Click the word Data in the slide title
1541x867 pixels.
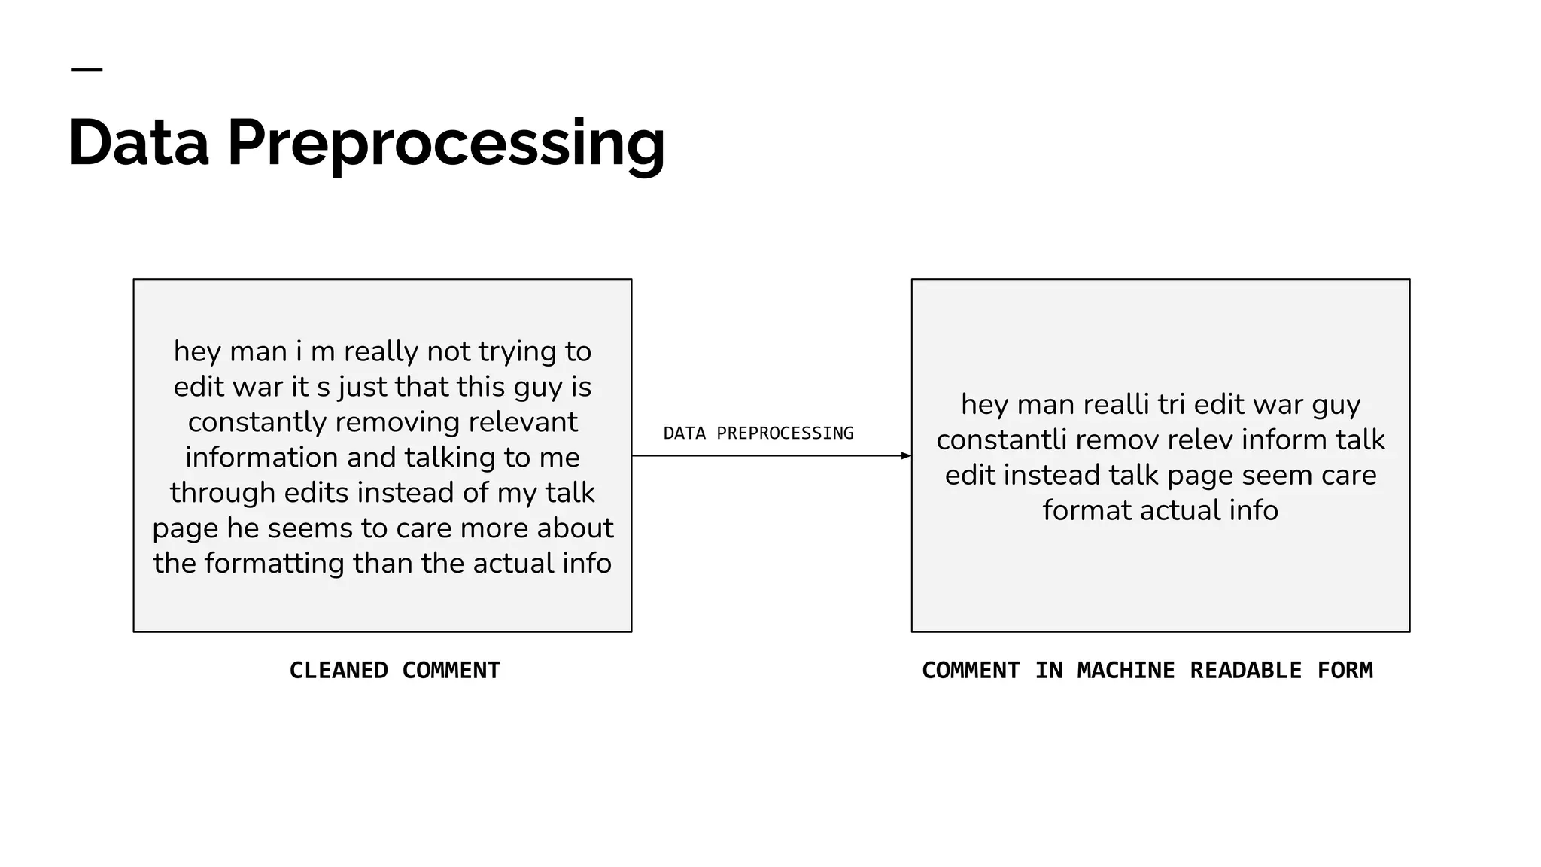point(138,143)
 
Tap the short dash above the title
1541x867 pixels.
point(87,70)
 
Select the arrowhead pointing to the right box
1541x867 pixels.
point(906,455)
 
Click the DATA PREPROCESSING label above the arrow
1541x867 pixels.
point(758,433)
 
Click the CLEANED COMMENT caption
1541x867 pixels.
point(394,670)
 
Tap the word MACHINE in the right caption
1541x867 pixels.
point(1126,670)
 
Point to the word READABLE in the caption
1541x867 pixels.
point(1245,670)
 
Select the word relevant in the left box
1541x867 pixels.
point(523,422)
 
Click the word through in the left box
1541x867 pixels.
point(222,493)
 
